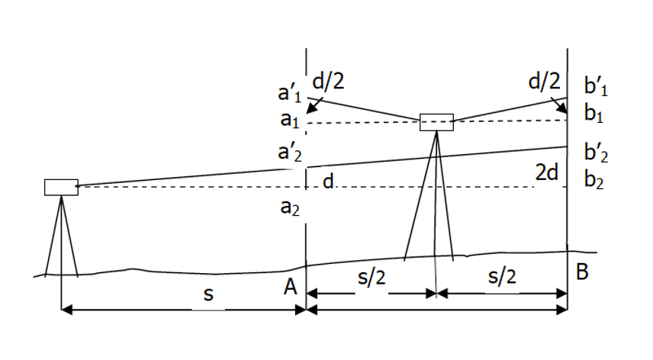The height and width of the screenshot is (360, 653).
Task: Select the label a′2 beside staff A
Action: [291, 153]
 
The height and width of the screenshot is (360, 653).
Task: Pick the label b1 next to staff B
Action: [593, 114]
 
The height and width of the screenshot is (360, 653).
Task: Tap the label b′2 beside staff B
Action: [595, 152]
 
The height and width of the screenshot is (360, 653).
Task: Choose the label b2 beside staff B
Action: [593, 182]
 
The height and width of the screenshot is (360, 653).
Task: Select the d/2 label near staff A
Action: [334, 81]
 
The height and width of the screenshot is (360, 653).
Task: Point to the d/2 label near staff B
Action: [544, 81]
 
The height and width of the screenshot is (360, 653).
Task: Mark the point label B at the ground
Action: [582, 272]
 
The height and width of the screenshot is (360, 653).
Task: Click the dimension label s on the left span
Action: [207, 294]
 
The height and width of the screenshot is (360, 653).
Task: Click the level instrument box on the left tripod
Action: [61, 187]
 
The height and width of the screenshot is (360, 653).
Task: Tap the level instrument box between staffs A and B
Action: [436, 121]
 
